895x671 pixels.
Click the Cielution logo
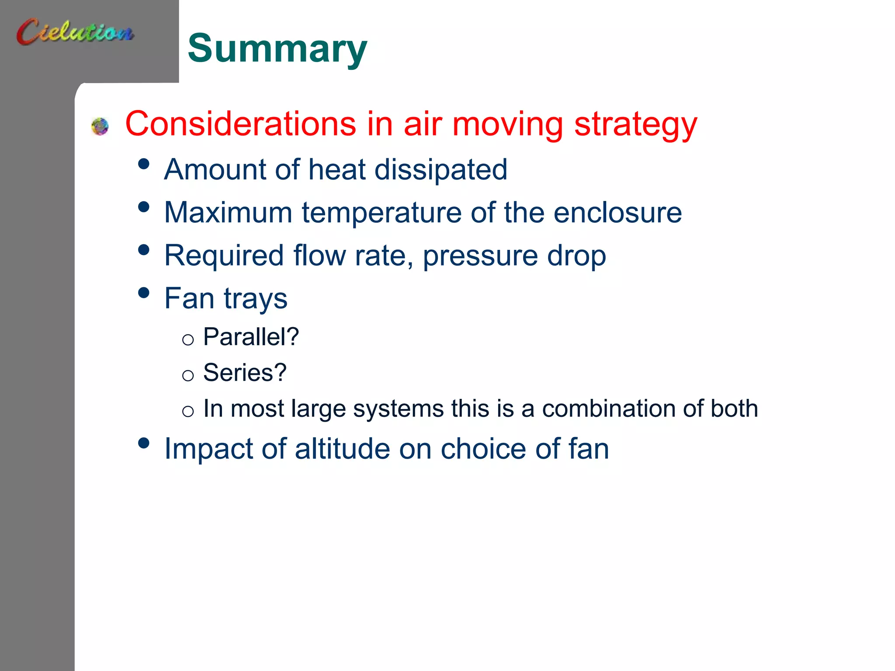click(75, 31)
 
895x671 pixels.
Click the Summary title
click(277, 48)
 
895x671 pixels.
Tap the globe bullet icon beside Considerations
click(100, 126)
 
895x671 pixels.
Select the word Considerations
click(240, 124)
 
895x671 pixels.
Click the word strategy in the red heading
click(635, 125)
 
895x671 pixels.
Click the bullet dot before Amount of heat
click(143, 164)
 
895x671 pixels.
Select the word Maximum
click(228, 213)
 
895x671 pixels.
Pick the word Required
click(224, 256)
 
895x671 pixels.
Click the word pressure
click(480, 256)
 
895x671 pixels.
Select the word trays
click(256, 299)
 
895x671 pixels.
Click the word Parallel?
click(251, 337)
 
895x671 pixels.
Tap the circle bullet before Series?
click(188, 375)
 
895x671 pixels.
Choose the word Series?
click(245, 373)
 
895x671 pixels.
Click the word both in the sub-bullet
click(734, 409)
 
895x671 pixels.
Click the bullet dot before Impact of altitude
click(143, 443)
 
